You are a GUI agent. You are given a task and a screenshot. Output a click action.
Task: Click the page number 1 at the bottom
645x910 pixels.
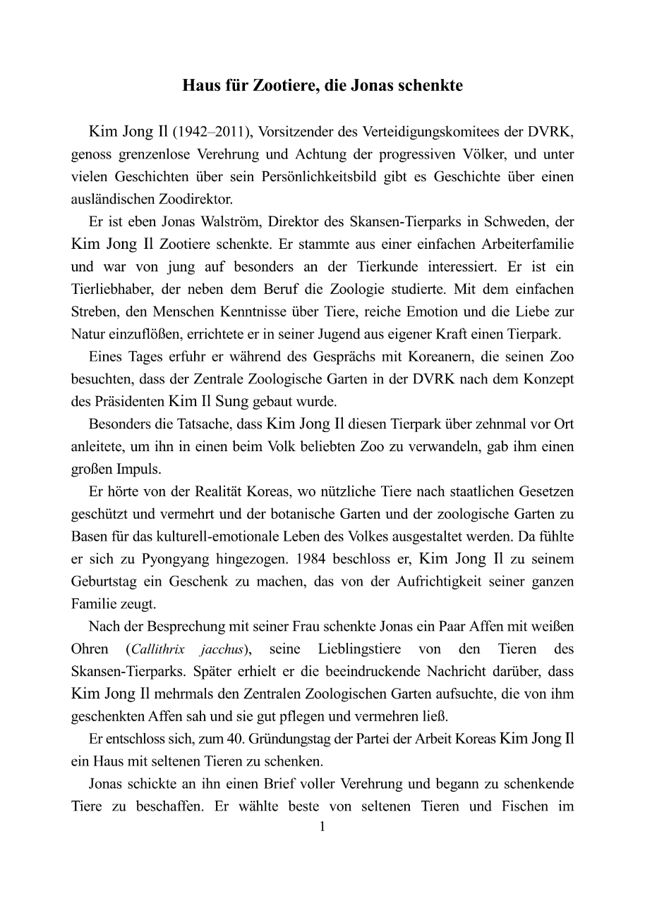coord(322,827)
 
